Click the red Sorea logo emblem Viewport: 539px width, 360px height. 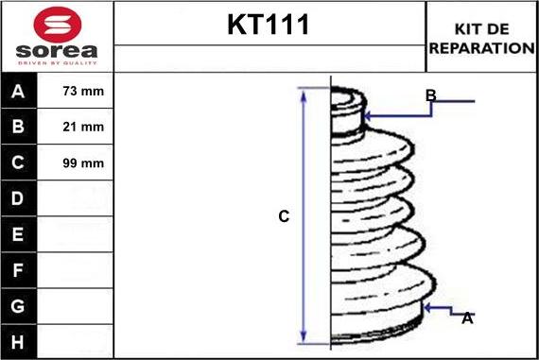click(58, 25)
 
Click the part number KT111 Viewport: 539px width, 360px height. click(269, 25)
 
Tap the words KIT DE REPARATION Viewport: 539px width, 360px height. click(481, 39)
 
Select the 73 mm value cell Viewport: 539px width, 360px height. click(75, 91)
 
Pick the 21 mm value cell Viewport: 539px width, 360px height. click(75, 127)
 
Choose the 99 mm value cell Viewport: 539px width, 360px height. click(75, 163)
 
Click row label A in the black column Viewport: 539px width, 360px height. click(18, 92)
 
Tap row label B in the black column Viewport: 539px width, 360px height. click(18, 127)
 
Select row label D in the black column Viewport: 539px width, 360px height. click(18, 198)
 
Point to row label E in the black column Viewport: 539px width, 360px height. click(18, 234)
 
